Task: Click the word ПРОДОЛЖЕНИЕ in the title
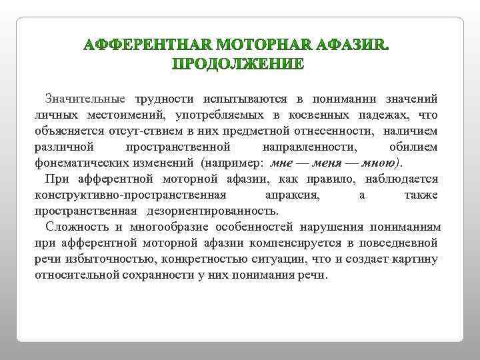(239, 65)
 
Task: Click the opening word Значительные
(85, 99)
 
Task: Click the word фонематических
(79, 163)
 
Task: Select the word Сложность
(73, 227)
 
